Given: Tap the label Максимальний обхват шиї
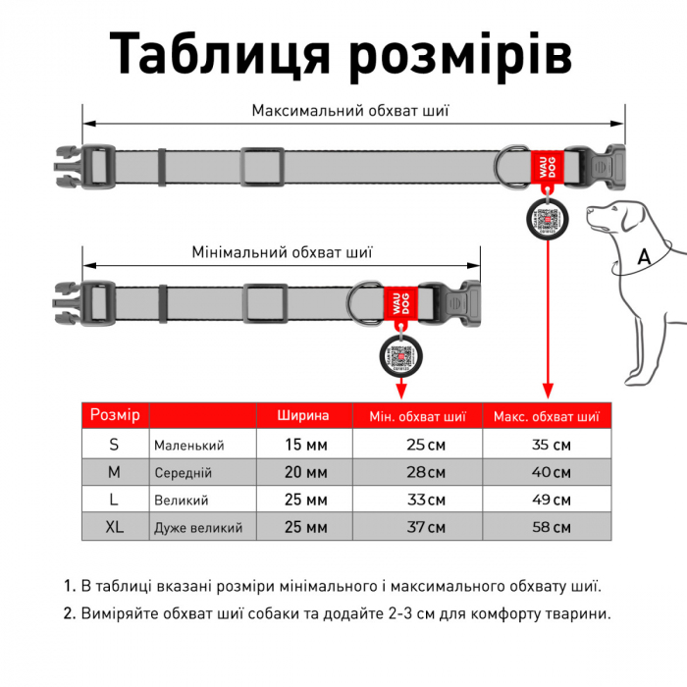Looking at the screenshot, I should coord(351,110).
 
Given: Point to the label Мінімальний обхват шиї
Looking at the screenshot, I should coord(283,252).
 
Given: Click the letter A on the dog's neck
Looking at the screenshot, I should coord(644,257).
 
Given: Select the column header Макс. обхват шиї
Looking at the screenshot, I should coord(546,415).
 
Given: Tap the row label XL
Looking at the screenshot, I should coord(115,527).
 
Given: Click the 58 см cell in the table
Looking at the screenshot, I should coord(546,528).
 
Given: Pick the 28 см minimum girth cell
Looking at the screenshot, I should coord(419,472).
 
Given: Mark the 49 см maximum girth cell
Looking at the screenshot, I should coord(546,501).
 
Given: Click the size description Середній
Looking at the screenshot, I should coord(183,473).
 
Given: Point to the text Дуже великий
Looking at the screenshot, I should coord(198,528).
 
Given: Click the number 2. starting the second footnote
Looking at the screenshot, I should coord(70,614).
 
